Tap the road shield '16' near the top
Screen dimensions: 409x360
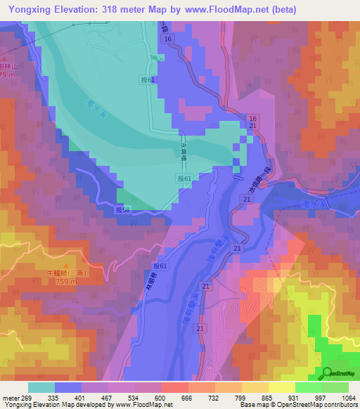click(x=166, y=39)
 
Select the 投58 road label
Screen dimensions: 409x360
click(x=122, y=209)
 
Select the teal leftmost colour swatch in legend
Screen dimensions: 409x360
click(x=41, y=387)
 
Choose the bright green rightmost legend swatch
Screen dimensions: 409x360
click(x=335, y=387)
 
